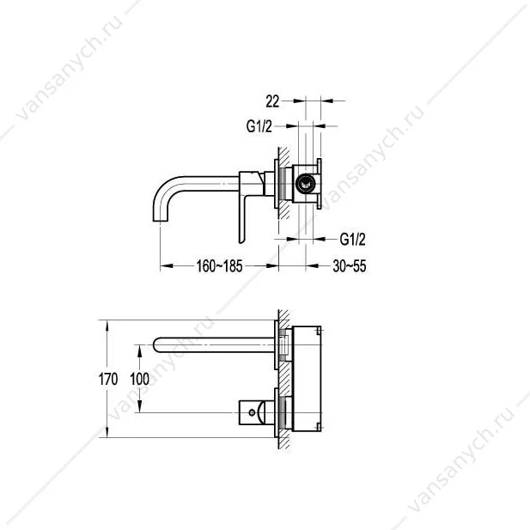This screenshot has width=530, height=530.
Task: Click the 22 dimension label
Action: click(x=272, y=101)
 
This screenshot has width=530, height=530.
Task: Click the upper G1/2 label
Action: click(x=259, y=126)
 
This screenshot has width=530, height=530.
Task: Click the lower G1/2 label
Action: click(x=352, y=240)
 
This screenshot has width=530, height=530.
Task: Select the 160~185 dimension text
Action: click(x=219, y=266)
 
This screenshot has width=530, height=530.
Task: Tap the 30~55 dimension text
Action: click(x=349, y=266)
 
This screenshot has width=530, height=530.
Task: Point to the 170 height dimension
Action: click(x=108, y=379)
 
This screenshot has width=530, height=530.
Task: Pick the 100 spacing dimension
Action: click(x=140, y=379)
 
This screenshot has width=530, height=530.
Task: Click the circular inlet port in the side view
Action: click(x=305, y=184)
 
